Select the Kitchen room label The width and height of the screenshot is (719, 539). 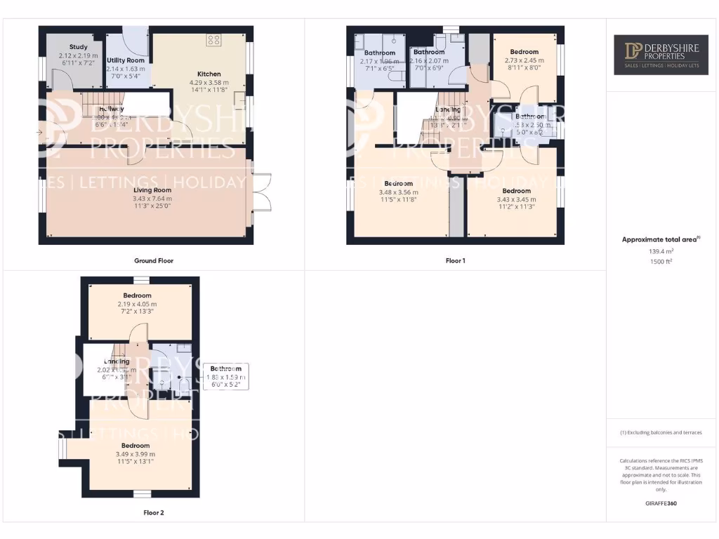[209, 74]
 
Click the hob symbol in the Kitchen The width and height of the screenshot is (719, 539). [213, 40]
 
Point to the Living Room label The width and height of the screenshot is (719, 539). [152, 190]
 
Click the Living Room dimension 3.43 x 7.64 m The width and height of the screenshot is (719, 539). [152, 199]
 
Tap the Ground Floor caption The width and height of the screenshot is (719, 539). [154, 260]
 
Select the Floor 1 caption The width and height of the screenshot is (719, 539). [456, 260]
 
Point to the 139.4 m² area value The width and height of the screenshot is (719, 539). [661, 251]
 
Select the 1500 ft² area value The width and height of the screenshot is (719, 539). [661, 260]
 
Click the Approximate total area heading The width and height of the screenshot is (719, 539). [661, 239]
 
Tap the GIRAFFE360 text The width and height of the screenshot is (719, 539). [660, 503]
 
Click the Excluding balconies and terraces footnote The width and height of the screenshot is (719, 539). [660, 433]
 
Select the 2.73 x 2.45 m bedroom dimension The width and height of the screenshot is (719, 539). [525, 60]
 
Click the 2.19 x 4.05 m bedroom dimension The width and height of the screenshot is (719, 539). [138, 304]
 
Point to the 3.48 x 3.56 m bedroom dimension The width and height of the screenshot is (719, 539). [398, 192]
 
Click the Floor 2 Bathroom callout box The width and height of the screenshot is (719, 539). [225, 376]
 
